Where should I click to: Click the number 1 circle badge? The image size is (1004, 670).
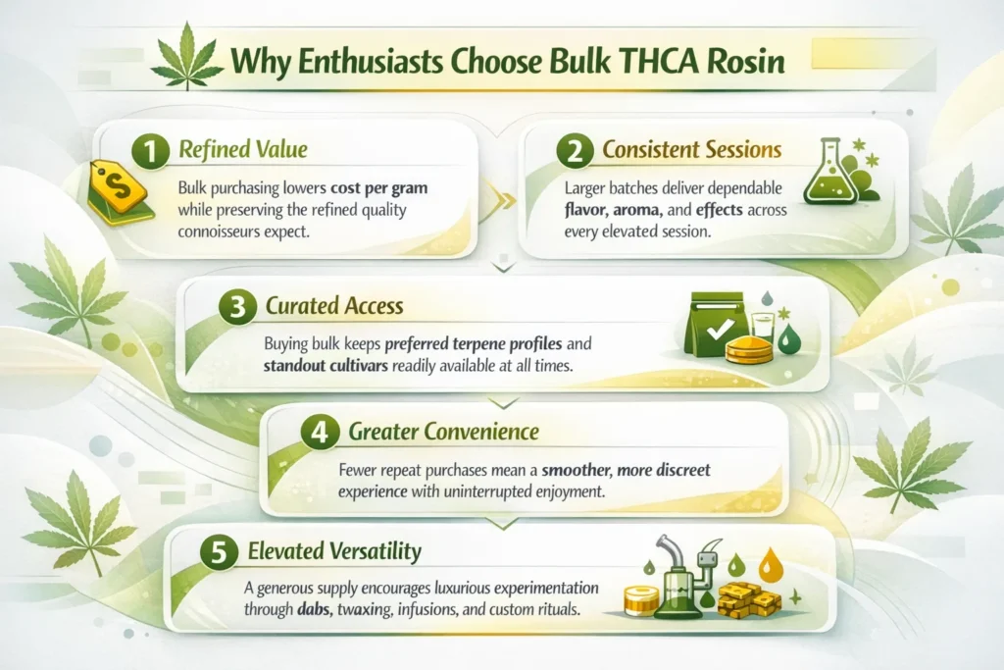coord(150,152)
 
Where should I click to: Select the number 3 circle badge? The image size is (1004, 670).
coord(235,306)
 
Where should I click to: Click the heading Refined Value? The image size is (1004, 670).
coord(242,151)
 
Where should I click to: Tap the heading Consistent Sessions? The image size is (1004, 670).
coord(691,151)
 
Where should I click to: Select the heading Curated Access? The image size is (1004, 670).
coord(334,306)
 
